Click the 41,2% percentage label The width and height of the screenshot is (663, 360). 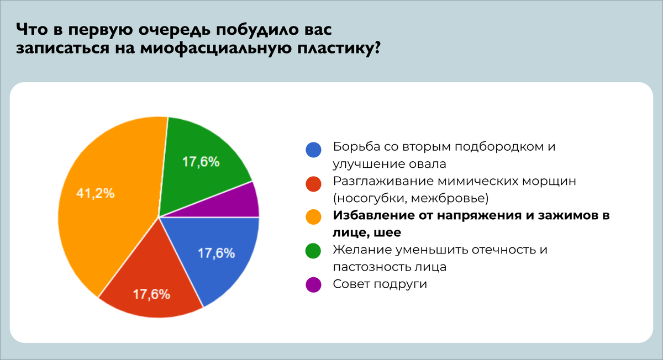pyautogui.click(x=95, y=194)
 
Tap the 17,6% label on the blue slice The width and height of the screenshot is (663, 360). pyautogui.click(x=217, y=254)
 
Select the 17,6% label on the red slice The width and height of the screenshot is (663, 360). pyautogui.click(x=151, y=294)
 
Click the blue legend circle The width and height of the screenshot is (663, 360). pyautogui.click(x=313, y=149)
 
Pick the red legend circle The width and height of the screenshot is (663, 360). pyautogui.click(x=313, y=183)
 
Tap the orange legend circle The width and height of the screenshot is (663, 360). pyautogui.click(x=313, y=217)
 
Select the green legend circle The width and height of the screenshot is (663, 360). pyautogui.click(x=313, y=251)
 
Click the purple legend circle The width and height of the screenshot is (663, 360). pyautogui.click(x=313, y=285)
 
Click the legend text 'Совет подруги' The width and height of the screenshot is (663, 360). pyautogui.click(x=381, y=285)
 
